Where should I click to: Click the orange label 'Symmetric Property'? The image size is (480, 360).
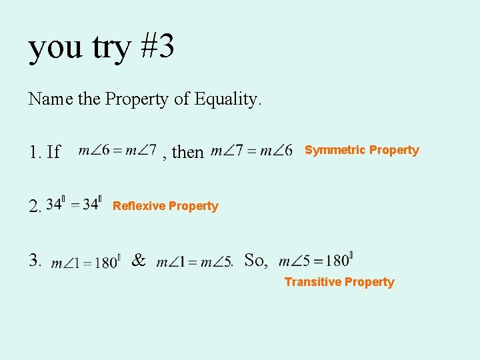tap(361, 150)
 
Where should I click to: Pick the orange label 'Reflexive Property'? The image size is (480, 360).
tap(165, 206)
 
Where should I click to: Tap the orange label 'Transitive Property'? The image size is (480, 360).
tap(339, 282)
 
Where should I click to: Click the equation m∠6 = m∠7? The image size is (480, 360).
tap(117, 151)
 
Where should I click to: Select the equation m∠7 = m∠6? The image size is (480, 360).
tap(251, 151)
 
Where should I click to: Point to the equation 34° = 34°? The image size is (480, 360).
tap(74, 204)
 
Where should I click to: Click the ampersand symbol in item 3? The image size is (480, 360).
tap(139, 260)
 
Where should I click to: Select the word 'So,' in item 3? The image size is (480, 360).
tap(257, 260)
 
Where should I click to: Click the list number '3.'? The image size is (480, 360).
tap(35, 260)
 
